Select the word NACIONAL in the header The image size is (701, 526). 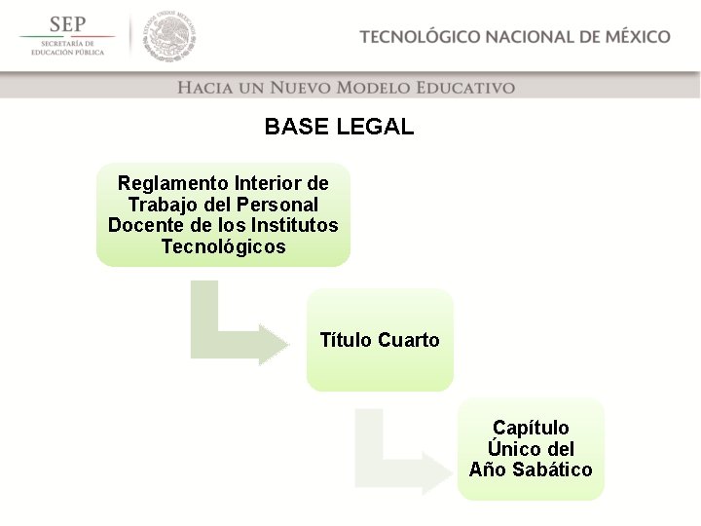[x=530, y=37]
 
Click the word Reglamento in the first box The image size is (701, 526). [x=171, y=183]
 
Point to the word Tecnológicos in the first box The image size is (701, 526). [x=224, y=247]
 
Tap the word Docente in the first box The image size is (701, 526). [x=145, y=226]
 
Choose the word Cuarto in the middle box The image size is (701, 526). [x=408, y=341]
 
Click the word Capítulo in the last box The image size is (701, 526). [x=531, y=428]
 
